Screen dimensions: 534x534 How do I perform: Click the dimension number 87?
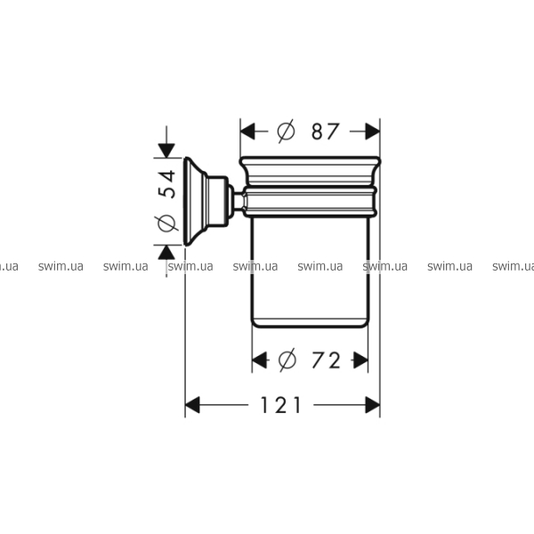click(x=325, y=132)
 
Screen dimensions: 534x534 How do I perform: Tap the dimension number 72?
click(x=326, y=360)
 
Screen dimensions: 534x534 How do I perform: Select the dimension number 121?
click(x=280, y=405)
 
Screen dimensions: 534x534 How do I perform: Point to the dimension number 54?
click(x=167, y=184)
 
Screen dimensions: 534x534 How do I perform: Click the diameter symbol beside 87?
click(x=286, y=131)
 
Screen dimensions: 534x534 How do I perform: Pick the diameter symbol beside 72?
click(x=287, y=360)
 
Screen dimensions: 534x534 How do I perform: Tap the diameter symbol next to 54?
click(x=167, y=223)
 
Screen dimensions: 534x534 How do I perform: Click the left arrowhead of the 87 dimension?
click(x=247, y=132)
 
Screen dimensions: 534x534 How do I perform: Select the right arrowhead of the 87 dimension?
click(x=373, y=132)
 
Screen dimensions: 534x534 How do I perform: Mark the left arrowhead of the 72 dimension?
click(x=259, y=360)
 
